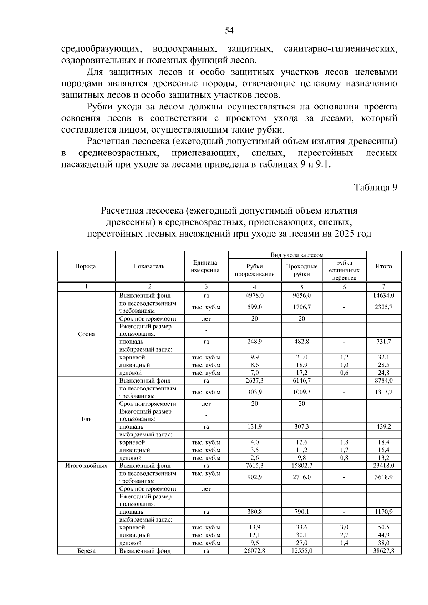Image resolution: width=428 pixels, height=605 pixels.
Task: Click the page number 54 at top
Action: (x=229, y=31)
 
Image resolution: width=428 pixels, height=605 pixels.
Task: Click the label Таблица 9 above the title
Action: (x=375, y=187)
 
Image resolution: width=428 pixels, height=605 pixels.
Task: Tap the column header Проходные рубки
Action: (x=302, y=270)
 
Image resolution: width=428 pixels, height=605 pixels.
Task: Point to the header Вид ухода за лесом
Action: (x=297, y=255)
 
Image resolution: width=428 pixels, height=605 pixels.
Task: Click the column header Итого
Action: (x=383, y=266)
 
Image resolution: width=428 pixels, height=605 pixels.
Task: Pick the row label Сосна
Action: (x=86, y=334)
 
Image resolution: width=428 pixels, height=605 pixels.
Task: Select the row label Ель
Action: (x=86, y=419)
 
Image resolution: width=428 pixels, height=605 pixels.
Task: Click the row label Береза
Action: (x=86, y=551)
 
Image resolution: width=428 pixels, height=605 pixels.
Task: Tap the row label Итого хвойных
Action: (x=86, y=466)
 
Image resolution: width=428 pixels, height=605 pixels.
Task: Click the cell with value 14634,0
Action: (x=383, y=296)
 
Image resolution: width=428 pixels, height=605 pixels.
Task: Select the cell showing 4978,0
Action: (x=255, y=296)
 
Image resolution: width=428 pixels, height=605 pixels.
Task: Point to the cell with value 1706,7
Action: (x=302, y=307)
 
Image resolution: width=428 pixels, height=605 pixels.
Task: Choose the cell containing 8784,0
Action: (x=383, y=380)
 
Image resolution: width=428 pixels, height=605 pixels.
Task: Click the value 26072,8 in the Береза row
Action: (x=255, y=551)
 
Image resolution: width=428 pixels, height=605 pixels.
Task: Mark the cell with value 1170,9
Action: (x=383, y=512)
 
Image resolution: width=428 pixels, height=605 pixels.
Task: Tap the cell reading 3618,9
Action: (x=383, y=477)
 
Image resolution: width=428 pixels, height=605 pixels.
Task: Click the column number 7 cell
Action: (x=383, y=286)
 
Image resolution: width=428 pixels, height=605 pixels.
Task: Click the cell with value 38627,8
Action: (x=383, y=551)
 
